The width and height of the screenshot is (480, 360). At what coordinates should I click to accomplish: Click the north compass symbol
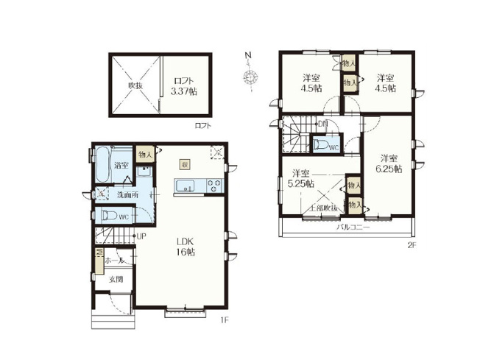point(250,76)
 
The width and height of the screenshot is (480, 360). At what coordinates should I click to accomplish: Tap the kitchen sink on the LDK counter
point(184,185)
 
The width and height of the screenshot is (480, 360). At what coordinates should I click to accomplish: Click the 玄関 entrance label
point(116,280)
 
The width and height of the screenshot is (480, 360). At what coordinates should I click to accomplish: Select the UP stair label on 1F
point(141,236)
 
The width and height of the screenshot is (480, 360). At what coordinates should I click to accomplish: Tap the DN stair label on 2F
point(323,124)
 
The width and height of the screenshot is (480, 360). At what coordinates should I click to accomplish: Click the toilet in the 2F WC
point(322,145)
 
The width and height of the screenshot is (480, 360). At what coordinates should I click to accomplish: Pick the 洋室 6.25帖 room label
point(391,163)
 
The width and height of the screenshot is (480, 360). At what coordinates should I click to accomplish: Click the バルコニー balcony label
point(353,228)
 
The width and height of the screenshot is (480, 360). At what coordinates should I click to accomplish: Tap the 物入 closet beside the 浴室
point(145,154)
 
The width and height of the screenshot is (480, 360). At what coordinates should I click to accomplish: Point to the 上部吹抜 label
point(323,209)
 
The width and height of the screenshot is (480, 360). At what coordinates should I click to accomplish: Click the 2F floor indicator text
point(412,245)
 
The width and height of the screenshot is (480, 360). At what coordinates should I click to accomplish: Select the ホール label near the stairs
point(115,261)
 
